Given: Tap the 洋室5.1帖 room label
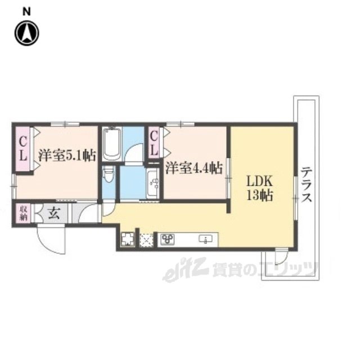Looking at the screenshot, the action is (x=67, y=156).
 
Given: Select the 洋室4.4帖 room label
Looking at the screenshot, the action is (x=194, y=168).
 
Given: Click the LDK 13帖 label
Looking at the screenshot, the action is (x=260, y=188).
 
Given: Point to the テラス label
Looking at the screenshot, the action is (x=307, y=184).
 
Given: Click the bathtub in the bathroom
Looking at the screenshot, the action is (x=112, y=145).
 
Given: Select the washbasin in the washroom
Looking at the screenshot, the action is (x=152, y=183).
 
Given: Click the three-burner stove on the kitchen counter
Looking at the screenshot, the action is (x=168, y=239).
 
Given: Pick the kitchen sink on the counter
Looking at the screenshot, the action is (x=205, y=239).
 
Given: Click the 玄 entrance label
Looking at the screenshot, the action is (x=54, y=213).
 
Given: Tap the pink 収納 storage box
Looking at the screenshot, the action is (x=23, y=213).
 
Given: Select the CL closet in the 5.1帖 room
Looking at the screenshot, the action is (x=23, y=149).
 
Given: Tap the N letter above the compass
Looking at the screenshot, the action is (x=27, y=12).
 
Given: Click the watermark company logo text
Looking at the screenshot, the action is (x=240, y=269).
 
